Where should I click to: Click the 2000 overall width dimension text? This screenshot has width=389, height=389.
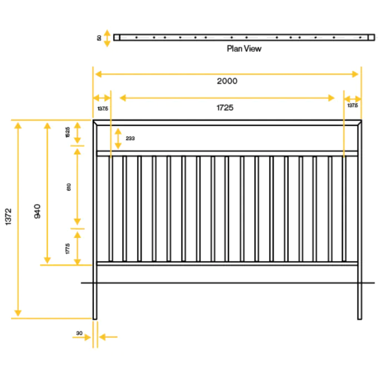click(x=227, y=81)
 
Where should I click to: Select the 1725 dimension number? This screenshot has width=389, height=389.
click(x=225, y=108)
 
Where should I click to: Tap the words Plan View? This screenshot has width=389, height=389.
click(x=244, y=48)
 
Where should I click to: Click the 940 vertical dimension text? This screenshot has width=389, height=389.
click(x=37, y=211)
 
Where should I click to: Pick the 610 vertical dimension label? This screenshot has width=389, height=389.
click(x=68, y=187)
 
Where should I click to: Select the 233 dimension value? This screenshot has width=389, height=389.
click(x=130, y=138)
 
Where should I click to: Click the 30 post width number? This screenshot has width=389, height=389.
click(x=79, y=334)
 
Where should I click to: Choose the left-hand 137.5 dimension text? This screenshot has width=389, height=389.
click(x=102, y=108)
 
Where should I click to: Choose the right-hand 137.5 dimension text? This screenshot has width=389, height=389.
click(x=352, y=105)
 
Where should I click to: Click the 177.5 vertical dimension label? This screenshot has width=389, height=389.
click(x=67, y=248)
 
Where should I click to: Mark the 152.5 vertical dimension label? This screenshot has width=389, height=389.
click(x=67, y=132)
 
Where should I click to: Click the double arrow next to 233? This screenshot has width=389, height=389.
click(x=118, y=138)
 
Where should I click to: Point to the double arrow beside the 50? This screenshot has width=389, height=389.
click(x=107, y=38)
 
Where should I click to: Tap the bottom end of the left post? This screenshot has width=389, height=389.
click(x=95, y=318)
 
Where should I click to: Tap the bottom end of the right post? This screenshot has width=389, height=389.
click(x=360, y=318)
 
